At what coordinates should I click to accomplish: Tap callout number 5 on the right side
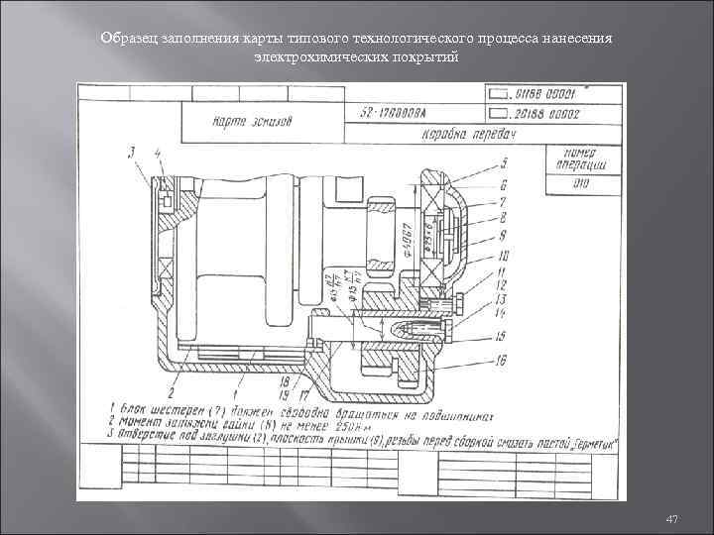pos(504,162)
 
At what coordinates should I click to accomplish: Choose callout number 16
pos(502,360)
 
